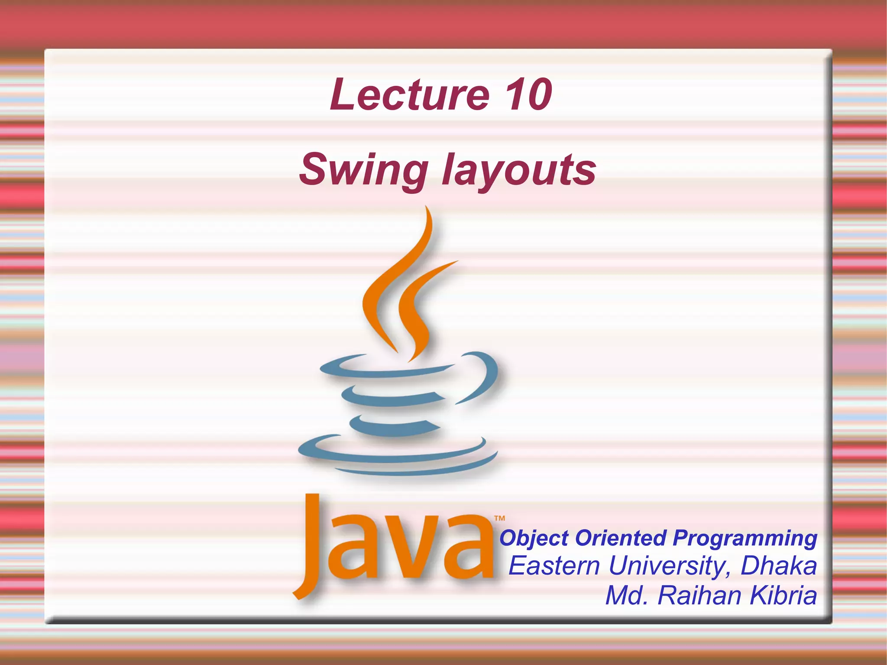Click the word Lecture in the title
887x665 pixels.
click(x=409, y=94)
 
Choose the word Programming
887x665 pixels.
click(x=745, y=538)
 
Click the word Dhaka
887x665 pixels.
click(x=779, y=566)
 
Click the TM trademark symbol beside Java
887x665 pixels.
click(x=499, y=518)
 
